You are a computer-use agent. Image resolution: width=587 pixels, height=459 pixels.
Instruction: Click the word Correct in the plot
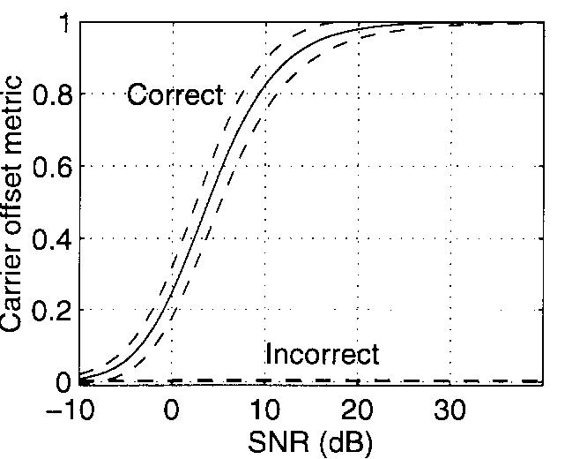coord(175,94)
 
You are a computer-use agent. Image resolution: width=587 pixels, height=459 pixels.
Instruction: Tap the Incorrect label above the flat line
coord(322,354)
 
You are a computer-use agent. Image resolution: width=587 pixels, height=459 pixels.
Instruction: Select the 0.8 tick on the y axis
coord(50,94)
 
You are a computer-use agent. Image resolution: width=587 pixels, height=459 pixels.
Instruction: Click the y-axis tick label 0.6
coord(50,166)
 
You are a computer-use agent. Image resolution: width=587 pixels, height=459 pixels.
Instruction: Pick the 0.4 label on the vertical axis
coord(50,238)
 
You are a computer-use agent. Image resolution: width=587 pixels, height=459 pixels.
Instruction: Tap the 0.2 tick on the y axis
coord(50,311)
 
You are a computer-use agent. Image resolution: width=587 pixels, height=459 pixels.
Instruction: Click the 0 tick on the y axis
coord(62,382)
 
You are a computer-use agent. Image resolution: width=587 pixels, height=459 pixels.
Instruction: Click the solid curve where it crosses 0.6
coord(219,166)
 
